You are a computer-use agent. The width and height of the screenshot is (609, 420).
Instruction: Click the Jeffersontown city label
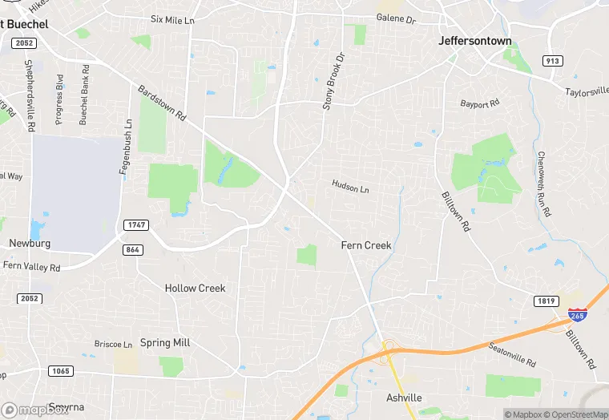[x=475, y=41]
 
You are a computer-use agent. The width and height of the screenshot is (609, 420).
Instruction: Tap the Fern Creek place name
[x=366, y=245]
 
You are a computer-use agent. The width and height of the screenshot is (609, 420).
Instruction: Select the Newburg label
[x=30, y=243]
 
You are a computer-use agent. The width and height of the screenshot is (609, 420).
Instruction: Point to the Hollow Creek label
[x=195, y=288]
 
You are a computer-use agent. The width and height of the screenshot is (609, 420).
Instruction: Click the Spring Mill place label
[x=165, y=343]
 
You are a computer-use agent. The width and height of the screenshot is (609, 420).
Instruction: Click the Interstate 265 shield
[x=576, y=314]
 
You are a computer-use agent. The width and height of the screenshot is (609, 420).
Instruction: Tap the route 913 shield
[x=552, y=61]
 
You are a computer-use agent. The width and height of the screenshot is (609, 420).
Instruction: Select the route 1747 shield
[x=136, y=225]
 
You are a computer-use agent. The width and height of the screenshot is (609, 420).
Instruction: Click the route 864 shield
[x=133, y=250]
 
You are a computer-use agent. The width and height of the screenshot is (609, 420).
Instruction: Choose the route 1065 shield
[x=60, y=371]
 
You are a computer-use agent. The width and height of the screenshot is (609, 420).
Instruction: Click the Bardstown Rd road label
[x=162, y=103]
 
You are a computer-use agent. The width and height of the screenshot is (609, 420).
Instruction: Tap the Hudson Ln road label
[x=350, y=186]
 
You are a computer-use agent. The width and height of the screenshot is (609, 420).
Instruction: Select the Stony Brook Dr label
[x=333, y=80]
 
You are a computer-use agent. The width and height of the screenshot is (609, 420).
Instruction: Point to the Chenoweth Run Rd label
[x=544, y=184]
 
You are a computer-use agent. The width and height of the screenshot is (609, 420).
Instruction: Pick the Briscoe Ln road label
[x=113, y=344]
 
